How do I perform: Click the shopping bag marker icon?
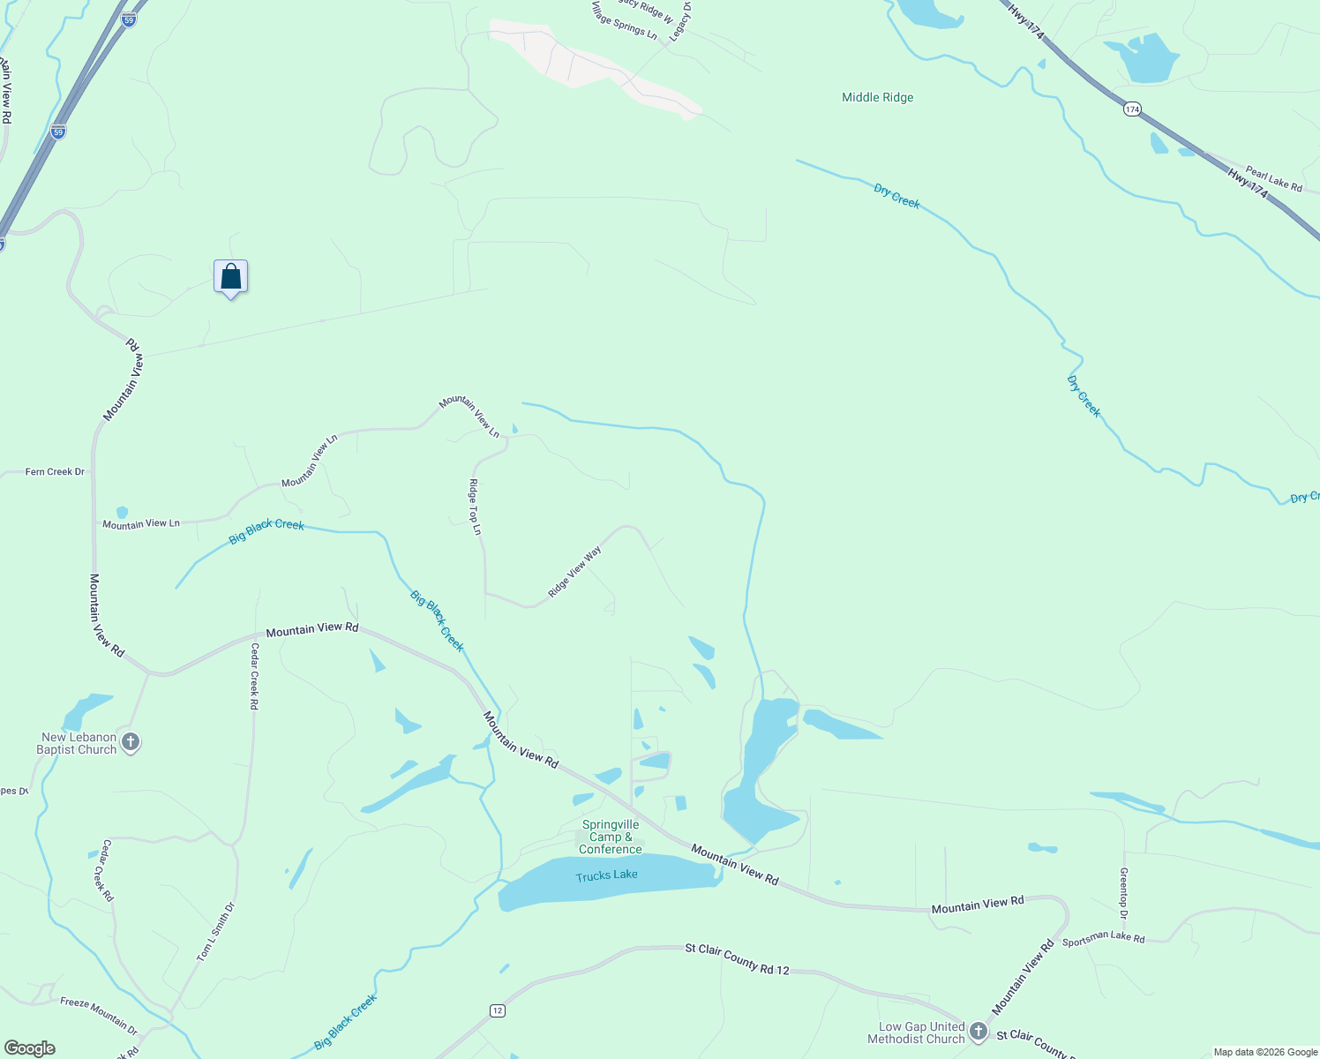point(230,277)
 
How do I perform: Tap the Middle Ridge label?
point(877,97)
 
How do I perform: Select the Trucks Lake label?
point(606,875)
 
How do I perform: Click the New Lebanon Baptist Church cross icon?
point(131,742)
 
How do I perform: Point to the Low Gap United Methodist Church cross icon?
point(978,1031)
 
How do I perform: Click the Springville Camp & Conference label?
point(610,837)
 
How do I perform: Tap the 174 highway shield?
point(1133,109)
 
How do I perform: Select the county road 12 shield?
point(498,1010)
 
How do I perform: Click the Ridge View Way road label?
point(574,571)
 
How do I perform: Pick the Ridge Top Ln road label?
point(475,507)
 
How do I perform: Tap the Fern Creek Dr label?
point(55,472)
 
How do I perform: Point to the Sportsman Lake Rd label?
point(1103,938)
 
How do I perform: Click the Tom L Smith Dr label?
point(216,932)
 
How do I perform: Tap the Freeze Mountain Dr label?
point(99,1015)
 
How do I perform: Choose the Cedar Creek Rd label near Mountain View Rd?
point(254,676)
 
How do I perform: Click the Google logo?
point(30,1048)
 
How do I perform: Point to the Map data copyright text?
point(1264,1052)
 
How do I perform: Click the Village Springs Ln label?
point(625,21)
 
